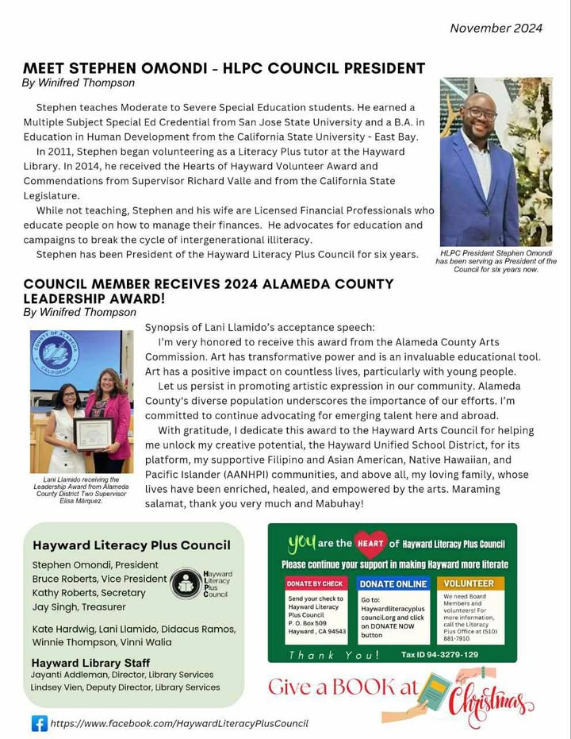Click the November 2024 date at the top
tap(496, 28)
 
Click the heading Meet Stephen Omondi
tap(224, 68)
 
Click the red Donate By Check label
tap(315, 583)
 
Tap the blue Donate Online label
tap(393, 583)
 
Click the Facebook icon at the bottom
tap(39, 723)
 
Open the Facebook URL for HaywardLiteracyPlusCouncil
tap(178, 723)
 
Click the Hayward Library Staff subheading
tap(90, 662)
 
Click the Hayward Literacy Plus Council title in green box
tap(132, 545)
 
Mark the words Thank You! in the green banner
tap(333, 655)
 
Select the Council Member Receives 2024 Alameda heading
tap(208, 291)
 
